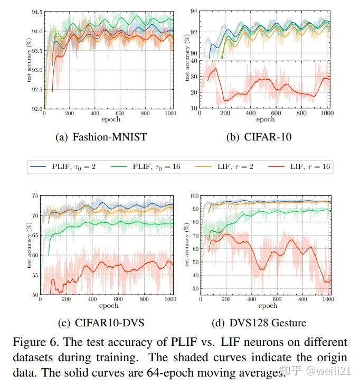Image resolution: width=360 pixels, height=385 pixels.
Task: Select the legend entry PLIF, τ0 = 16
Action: (153, 167)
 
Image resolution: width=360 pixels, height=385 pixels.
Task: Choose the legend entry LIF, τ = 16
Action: (303, 167)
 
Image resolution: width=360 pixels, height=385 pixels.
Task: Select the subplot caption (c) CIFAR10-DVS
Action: (101, 322)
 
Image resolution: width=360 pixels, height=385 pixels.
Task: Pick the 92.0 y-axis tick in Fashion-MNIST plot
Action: (35, 109)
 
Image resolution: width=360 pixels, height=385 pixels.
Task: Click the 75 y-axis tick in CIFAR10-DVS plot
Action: (35, 196)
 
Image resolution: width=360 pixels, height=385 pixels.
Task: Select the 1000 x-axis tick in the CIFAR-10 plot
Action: (327, 114)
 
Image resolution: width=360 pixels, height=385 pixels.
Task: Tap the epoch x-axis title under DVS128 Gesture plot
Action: (268, 306)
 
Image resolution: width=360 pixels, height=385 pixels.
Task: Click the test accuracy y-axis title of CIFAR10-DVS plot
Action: (29, 245)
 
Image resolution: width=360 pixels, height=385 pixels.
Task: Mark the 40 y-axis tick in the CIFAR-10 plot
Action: (194, 61)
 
